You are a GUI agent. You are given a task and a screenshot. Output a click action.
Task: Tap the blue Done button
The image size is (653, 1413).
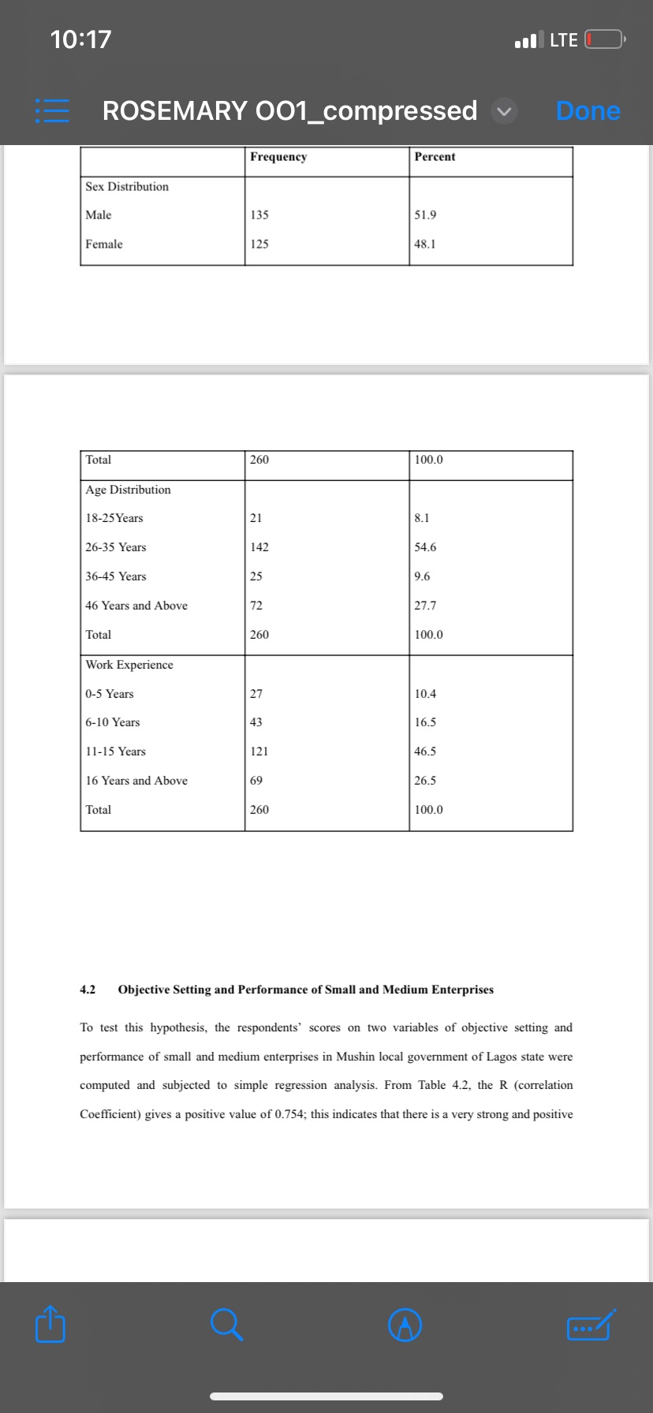click(x=588, y=111)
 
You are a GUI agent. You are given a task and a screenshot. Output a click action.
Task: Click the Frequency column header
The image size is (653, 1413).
click(x=278, y=157)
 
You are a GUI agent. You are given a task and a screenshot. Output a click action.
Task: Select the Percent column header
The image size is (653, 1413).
click(x=435, y=157)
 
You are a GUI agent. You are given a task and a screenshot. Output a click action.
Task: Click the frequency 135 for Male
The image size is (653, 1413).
click(x=259, y=215)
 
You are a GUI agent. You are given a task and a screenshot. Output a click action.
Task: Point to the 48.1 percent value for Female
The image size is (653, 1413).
click(x=425, y=244)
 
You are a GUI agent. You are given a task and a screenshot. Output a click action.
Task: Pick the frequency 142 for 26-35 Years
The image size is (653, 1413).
click(x=259, y=547)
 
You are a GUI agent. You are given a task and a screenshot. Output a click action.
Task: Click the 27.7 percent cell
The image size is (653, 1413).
click(x=425, y=606)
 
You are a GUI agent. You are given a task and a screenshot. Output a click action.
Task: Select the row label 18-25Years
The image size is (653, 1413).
click(x=114, y=518)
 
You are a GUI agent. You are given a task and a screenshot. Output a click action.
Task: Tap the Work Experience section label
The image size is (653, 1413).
click(x=129, y=665)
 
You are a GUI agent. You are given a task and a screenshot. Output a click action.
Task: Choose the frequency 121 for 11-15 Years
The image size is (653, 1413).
click(x=259, y=751)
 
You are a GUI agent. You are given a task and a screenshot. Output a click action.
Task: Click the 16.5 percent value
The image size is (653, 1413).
click(x=425, y=722)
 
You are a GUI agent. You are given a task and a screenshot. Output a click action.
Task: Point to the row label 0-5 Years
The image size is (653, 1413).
click(x=110, y=694)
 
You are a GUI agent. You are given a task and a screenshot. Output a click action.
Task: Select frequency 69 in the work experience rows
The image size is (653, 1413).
click(x=256, y=781)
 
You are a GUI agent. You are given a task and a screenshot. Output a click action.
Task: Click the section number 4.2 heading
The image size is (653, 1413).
click(x=88, y=990)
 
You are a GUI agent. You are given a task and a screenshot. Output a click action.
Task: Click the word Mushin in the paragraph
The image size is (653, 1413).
click(x=356, y=1057)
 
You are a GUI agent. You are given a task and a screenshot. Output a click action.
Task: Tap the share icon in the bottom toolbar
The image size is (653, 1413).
click(x=50, y=1325)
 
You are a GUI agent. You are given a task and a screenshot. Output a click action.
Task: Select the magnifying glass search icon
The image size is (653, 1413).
click(x=226, y=1325)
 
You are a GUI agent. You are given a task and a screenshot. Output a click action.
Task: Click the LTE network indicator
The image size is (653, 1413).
click(x=563, y=39)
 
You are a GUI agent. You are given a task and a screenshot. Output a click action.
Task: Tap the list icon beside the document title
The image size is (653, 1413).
click(x=51, y=111)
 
